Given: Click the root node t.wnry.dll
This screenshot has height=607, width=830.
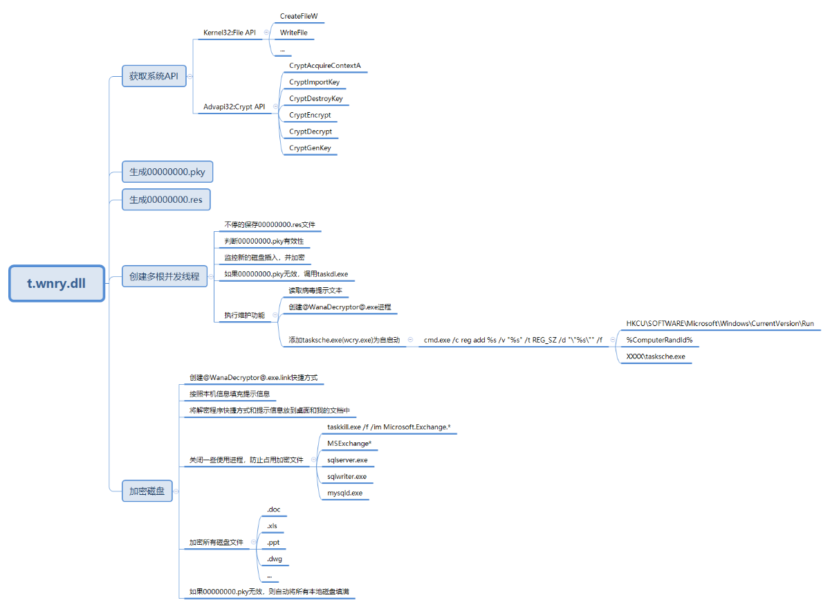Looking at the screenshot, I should (57, 283).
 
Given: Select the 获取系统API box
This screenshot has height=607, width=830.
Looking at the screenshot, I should (154, 77).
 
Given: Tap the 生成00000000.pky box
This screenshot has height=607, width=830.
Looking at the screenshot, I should (172, 172).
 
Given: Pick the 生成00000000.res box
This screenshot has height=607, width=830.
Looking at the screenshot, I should (166, 200).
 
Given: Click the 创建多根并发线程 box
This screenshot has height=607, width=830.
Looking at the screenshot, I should (164, 277).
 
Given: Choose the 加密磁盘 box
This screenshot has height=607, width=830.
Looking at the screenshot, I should (147, 491).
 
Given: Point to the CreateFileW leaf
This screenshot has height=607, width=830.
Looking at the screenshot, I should (299, 16).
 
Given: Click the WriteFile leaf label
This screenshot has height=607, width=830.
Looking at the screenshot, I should (294, 33).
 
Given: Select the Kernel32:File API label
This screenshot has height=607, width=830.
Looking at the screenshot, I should (230, 33).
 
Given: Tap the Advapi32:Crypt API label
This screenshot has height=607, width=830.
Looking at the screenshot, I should (234, 107).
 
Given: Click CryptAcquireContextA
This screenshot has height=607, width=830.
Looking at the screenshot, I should (324, 66).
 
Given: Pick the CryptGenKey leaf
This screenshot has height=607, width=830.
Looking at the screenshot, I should (310, 148).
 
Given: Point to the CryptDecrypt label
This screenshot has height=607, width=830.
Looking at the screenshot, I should (311, 132).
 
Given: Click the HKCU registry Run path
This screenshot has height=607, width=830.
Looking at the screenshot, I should (720, 323).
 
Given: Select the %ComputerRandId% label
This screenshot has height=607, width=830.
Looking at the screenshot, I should (659, 340).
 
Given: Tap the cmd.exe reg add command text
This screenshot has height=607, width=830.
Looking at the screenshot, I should (513, 340).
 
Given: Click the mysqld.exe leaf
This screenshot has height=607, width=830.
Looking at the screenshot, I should (345, 493).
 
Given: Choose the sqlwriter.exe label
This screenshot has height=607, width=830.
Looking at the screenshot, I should (347, 476).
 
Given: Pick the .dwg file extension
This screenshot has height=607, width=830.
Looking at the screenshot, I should (274, 559).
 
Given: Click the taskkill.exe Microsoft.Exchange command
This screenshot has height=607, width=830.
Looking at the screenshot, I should (389, 427).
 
